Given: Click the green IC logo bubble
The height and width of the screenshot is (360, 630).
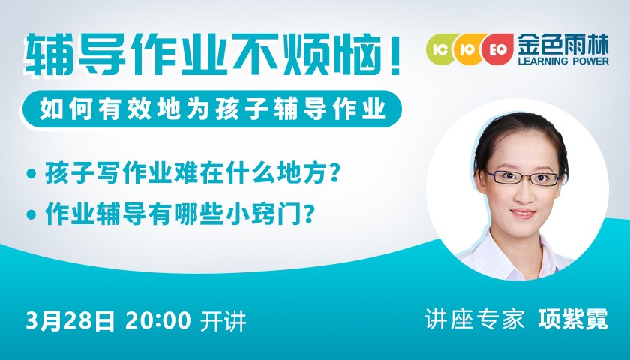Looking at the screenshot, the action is (441, 49).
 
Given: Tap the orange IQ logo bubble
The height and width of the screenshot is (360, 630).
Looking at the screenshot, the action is (468, 49).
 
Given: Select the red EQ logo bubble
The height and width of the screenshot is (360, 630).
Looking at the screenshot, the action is (498, 49).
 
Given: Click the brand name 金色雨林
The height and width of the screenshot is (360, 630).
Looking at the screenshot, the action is (563, 44).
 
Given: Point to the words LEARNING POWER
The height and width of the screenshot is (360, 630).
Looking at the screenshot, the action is (563, 61).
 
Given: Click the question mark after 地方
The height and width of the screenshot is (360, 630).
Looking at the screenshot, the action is (334, 172).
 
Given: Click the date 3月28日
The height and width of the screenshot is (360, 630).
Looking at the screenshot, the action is (70, 321).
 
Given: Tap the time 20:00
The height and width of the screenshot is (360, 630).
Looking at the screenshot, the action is (158, 321).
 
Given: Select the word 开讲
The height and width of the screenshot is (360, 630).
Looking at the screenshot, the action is (223, 321).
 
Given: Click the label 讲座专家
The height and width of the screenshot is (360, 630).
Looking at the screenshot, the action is (475, 319).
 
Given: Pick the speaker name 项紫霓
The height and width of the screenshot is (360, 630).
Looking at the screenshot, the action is (573, 319).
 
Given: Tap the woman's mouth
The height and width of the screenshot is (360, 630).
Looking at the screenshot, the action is (523, 214).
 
